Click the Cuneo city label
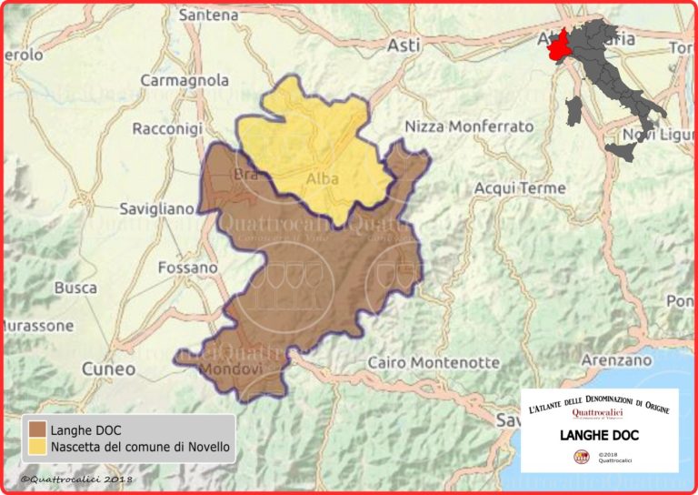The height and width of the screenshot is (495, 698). [x=108, y=369]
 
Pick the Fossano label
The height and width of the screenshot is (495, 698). [x=187, y=268]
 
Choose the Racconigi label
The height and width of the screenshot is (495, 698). [x=167, y=129]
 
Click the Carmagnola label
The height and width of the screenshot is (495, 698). [x=184, y=80]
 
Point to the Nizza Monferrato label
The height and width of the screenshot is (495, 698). [x=470, y=126]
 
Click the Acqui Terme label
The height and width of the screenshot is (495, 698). [x=520, y=188]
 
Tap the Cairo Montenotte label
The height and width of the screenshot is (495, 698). [x=434, y=362]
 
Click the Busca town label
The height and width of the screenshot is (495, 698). [x=75, y=288]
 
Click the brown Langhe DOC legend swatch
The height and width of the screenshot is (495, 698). [x=38, y=429]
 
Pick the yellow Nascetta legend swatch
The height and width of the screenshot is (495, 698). [x=38, y=447]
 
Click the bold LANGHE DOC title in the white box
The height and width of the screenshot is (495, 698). [x=599, y=435]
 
